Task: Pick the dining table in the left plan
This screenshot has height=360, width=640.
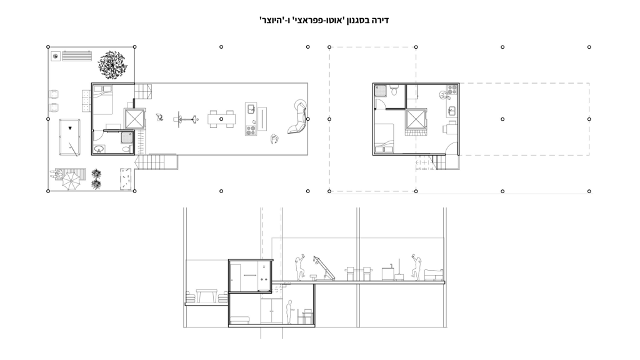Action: point(221,119)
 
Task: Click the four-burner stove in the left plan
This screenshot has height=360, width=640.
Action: point(251,131)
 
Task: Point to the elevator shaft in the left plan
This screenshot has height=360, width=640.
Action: point(135,119)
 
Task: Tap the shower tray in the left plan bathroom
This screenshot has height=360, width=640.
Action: point(127,137)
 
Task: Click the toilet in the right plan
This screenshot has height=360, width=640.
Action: point(394,90)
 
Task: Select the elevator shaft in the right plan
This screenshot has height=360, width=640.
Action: point(416,119)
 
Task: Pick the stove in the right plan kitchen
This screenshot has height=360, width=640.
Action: point(452,89)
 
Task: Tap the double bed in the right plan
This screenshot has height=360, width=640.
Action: point(384,139)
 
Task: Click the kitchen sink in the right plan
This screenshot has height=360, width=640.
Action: point(452,110)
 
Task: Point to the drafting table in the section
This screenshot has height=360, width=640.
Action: point(324,269)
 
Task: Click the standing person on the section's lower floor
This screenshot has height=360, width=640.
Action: point(289,312)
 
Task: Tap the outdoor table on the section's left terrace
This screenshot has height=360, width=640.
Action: point(206,296)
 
